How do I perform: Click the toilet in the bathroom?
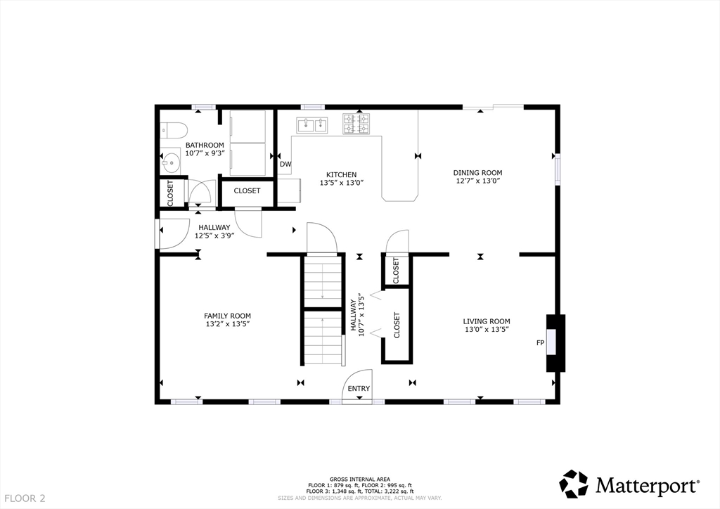click(x=173, y=130)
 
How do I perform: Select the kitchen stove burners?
click(x=356, y=124)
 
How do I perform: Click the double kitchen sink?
click(x=313, y=124)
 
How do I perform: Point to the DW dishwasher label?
click(x=285, y=164)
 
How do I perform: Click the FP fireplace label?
click(x=541, y=343)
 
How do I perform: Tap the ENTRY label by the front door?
click(x=359, y=388)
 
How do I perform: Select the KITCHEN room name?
click(x=341, y=174)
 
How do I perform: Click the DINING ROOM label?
click(x=477, y=172)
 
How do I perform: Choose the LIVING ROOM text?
click(x=487, y=321)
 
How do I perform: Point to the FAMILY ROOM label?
click(x=227, y=316)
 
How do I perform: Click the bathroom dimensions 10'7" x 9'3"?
click(x=205, y=153)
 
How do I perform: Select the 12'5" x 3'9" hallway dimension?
click(x=214, y=236)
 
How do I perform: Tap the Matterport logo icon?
click(x=574, y=484)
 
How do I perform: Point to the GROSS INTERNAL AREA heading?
click(x=360, y=479)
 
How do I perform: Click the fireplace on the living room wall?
click(x=555, y=343)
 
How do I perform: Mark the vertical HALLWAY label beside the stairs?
click(x=353, y=316)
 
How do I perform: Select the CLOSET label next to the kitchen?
click(x=247, y=191)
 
